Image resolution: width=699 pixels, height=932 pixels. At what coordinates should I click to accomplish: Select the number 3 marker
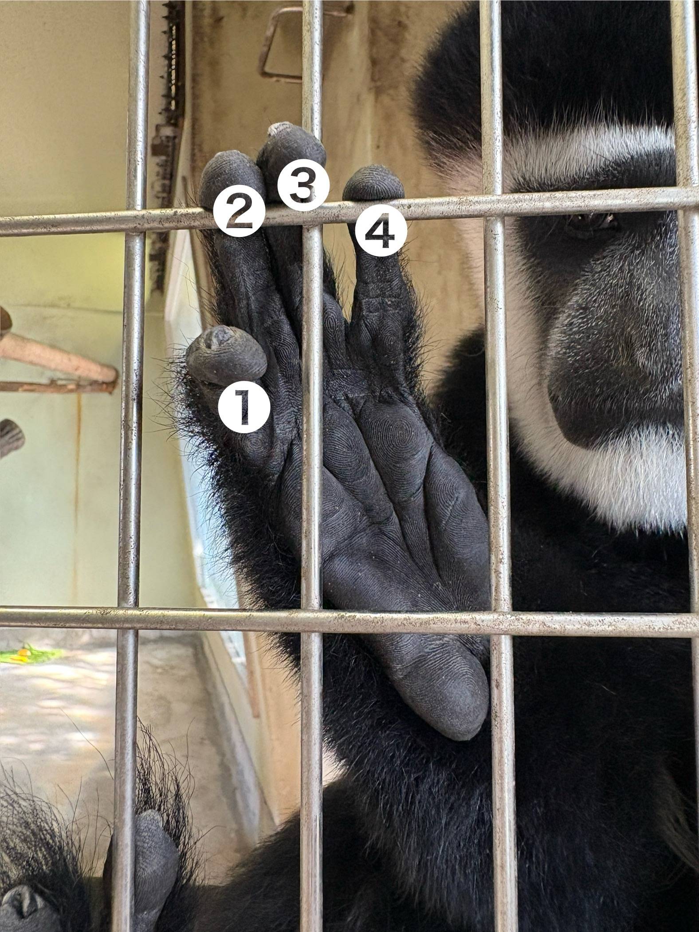304,184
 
